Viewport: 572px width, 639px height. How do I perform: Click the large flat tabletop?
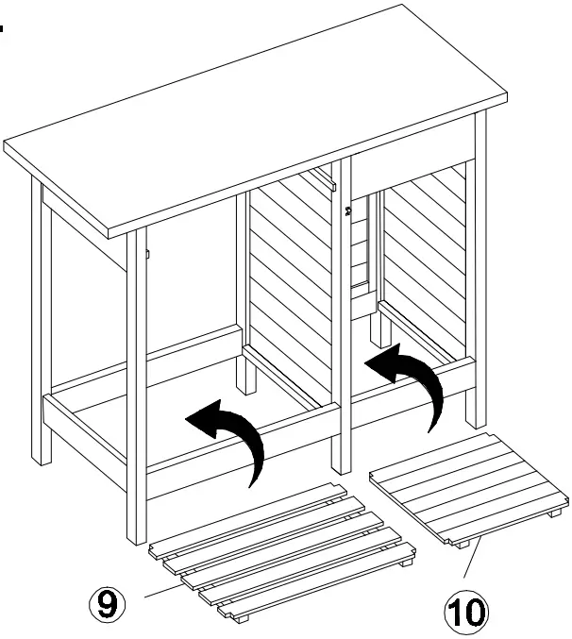(255, 113)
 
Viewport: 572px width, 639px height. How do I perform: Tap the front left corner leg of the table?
(137, 396)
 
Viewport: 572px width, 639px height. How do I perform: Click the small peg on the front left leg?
(149, 252)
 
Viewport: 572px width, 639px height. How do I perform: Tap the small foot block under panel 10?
(460, 545)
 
